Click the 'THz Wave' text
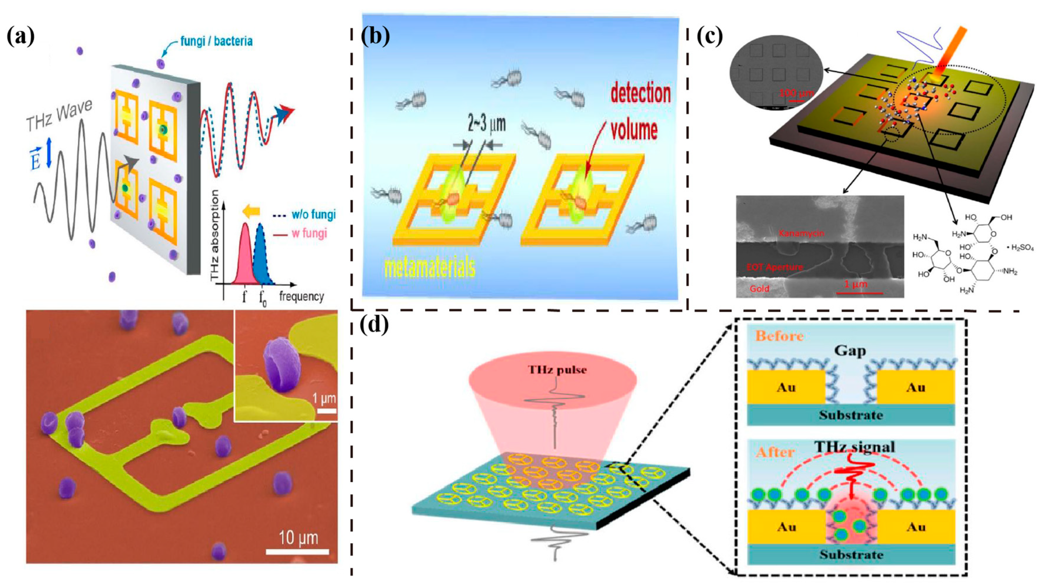pyautogui.click(x=59, y=115)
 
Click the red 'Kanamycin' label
pyautogui.click(x=801, y=233)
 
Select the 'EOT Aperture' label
pyautogui.click(x=774, y=267)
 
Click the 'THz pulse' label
pyautogui.click(x=557, y=370)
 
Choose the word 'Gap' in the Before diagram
pyautogui.click(x=850, y=351)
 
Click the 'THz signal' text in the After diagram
pyautogui.click(x=854, y=447)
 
